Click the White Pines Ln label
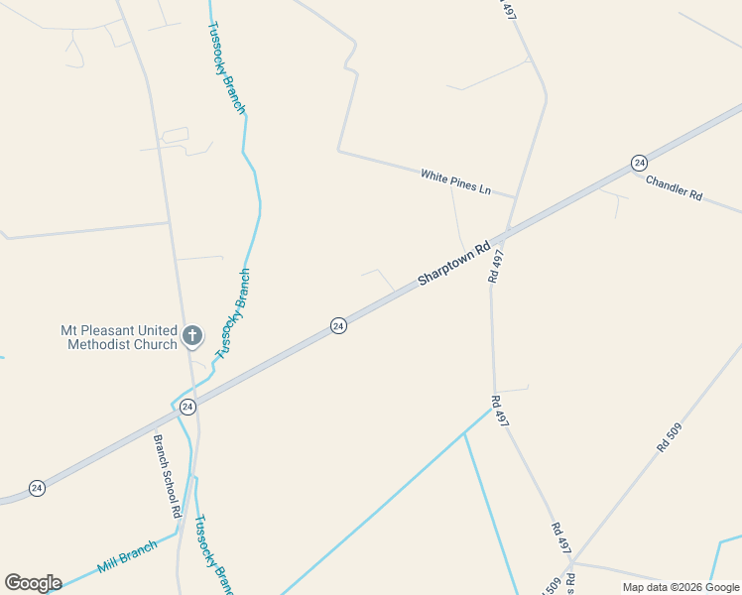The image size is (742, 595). point(455,181)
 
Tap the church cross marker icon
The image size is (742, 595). point(192,336)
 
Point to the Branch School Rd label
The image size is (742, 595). point(167,475)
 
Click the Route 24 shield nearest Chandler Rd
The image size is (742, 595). point(639,162)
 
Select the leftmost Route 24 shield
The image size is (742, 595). point(37,488)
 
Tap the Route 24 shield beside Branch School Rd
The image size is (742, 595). point(187,407)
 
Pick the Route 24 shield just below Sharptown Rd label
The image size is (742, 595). point(338,325)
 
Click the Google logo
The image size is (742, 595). point(33,583)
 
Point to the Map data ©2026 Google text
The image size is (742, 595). point(681,587)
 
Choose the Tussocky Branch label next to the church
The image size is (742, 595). point(233,312)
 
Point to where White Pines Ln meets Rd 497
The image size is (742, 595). point(515,197)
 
